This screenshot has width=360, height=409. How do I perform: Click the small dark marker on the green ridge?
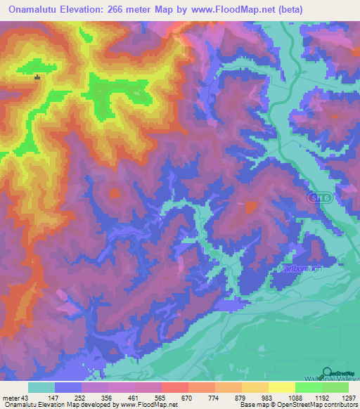(x=37, y=78)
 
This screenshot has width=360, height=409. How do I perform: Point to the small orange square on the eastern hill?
(x=251, y=206)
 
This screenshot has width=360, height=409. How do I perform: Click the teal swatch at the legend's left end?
(x=41, y=387)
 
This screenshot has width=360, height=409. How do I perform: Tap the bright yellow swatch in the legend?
(x=281, y=387)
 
